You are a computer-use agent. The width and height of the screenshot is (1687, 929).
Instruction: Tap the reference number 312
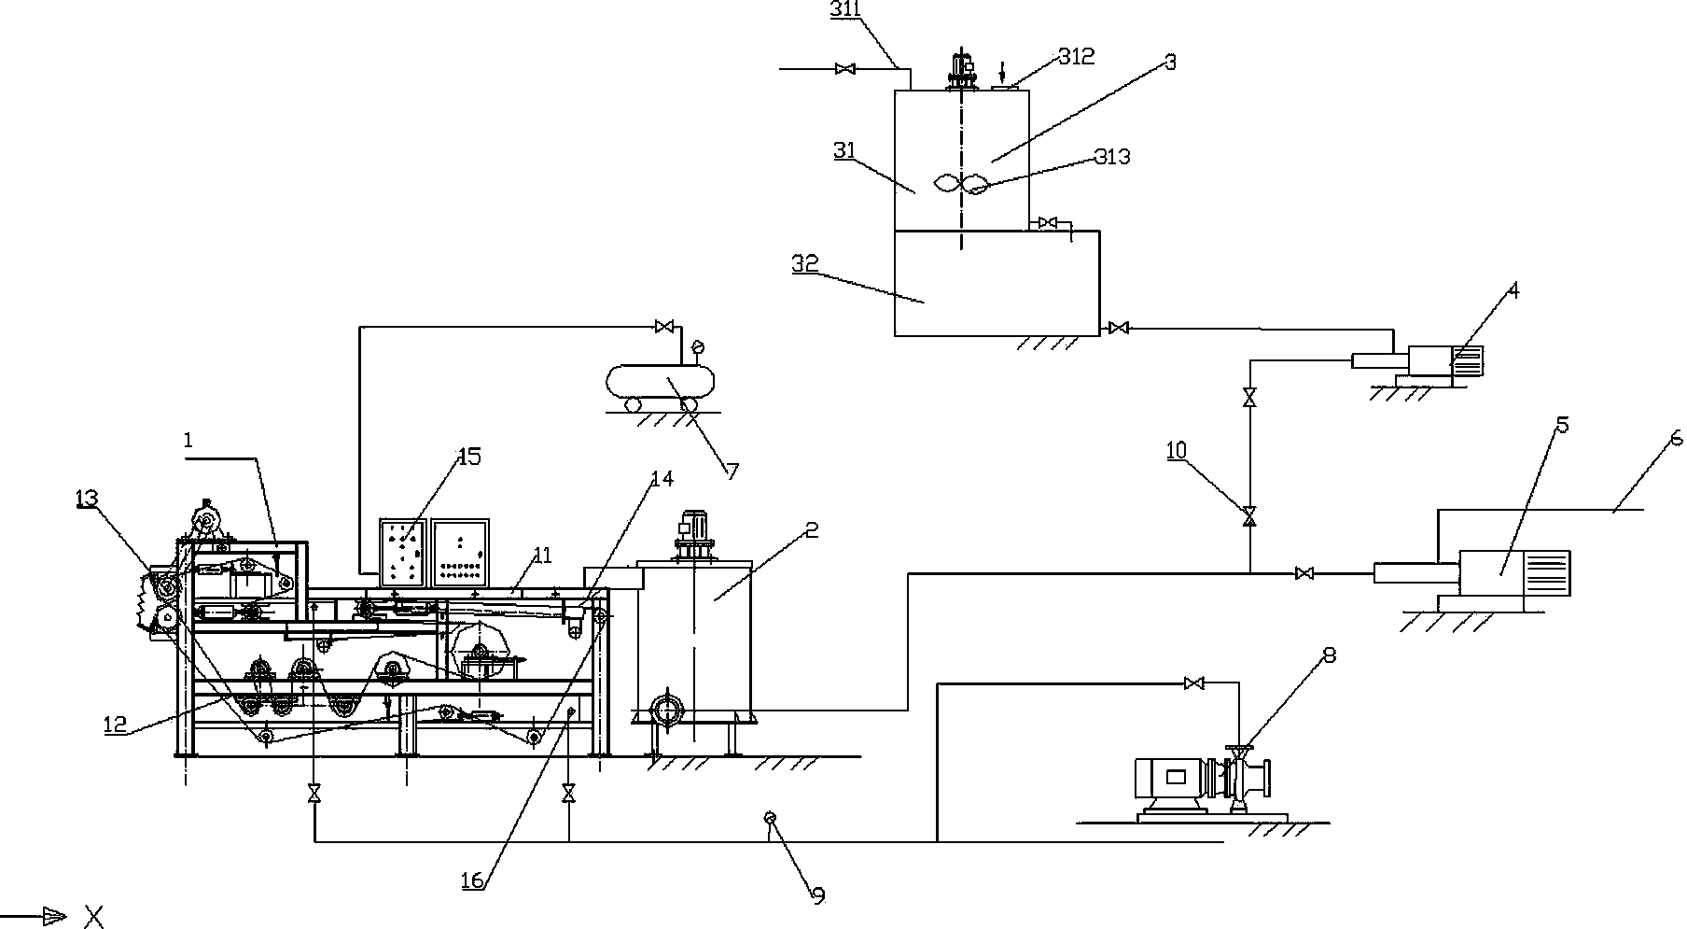1076,56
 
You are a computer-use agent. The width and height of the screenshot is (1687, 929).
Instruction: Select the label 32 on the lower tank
804,263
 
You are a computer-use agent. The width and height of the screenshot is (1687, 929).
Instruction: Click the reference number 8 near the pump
1329,655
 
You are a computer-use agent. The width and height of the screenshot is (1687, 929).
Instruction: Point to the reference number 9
818,896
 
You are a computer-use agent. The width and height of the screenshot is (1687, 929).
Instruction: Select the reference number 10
1176,450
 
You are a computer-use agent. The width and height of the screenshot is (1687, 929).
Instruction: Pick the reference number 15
468,457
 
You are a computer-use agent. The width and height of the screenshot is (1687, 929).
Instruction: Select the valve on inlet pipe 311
845,68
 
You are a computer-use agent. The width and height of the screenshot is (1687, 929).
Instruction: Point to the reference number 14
661,479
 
